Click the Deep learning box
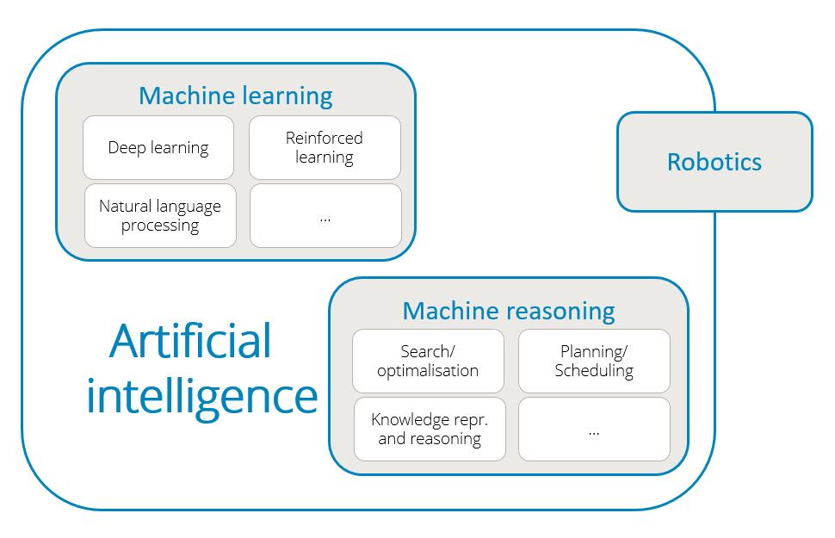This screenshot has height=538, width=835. click(158, 147)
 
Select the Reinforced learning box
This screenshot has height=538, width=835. click(325, 147)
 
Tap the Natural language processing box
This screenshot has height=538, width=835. click(160, 216)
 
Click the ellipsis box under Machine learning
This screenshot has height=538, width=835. click(325, 216)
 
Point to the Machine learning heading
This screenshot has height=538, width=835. click(235, 96)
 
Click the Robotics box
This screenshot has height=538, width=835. click(714, 162)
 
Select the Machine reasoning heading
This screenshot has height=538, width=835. click(508, 310)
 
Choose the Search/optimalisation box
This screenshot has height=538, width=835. click(428, 361)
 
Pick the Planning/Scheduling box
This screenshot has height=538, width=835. click(594, 361)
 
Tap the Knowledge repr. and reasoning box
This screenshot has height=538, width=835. click(429, 429)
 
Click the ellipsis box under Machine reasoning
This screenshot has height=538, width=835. click(594, 429)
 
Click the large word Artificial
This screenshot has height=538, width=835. click(190, 341)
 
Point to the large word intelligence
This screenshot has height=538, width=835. click(201, 397)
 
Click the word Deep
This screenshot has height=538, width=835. click(126, 148)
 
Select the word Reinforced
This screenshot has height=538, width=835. click(325, 138)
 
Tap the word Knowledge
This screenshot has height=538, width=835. click(410, 420)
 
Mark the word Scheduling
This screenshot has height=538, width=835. click(594, 371)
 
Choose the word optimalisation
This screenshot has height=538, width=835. click(428, 371)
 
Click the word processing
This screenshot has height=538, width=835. click(160, 226)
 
